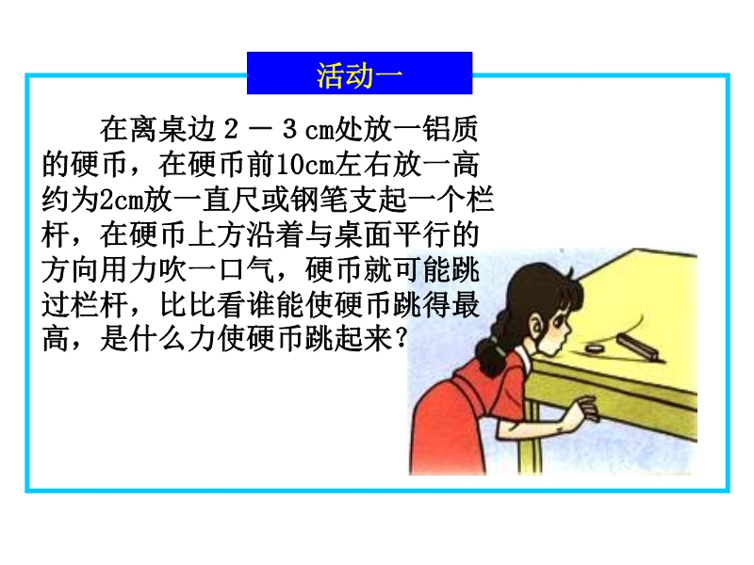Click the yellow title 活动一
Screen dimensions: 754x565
(359, 75)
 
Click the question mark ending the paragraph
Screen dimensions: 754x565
(400, 339)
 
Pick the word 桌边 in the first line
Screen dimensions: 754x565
(187, 129)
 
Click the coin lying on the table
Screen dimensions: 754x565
(597, 347)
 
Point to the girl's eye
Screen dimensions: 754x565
(562, 319)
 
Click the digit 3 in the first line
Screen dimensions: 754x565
(288, 129)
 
